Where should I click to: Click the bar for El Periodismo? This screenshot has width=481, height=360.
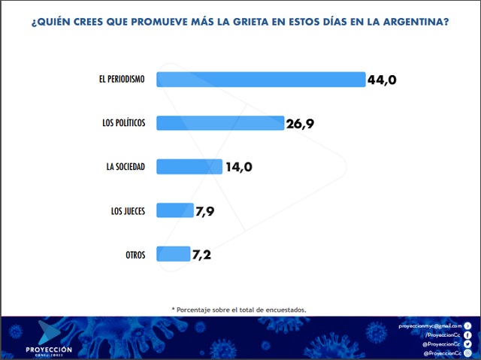coord(261,79)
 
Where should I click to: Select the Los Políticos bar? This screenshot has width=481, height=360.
coord(220,123)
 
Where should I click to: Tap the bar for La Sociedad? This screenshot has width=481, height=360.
coord(189,166)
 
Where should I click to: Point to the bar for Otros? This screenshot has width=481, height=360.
coord(174,254)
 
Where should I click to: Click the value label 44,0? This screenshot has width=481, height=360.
coord(382,80)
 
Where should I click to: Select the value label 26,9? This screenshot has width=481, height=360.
coord(300,123)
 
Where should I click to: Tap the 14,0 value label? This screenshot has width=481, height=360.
coord(238,167)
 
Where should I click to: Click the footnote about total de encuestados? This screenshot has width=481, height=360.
coord(239,310)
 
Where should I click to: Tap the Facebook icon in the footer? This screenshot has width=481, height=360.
coord(467,334)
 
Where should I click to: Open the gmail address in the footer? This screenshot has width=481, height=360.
coord(430,325)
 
